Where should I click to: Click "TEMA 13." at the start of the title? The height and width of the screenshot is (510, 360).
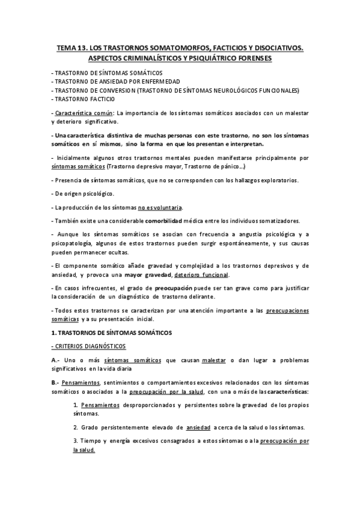point(69,46)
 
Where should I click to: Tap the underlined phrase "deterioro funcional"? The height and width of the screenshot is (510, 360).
point(202,275)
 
